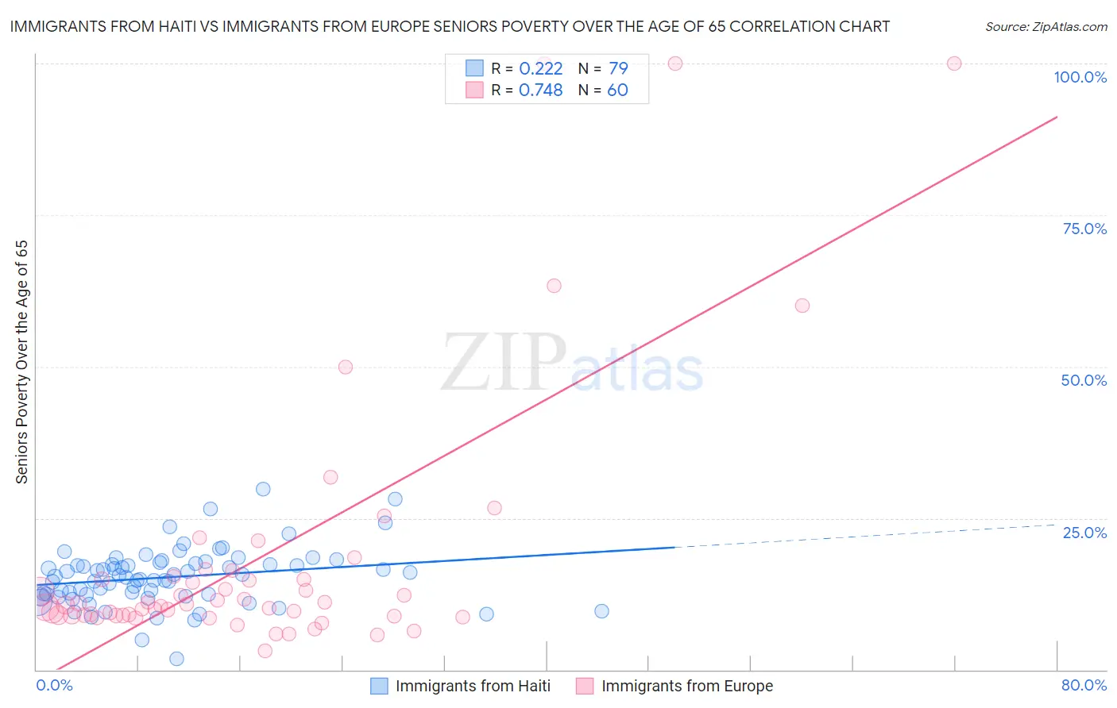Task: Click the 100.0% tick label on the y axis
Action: tap(1080, 77)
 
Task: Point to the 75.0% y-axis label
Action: tap(1084, 229)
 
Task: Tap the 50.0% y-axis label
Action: tap(1084, 380)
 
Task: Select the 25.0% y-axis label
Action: tap(1084, 533)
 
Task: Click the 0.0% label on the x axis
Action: tap(54, 685)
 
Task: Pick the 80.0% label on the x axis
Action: tap(1084, 685)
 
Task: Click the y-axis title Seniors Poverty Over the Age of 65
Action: tap(21, 362)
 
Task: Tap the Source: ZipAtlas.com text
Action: tap(1045, 26)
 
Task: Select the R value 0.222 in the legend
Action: tap(540, 68)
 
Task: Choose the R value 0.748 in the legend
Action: tap(540, 90)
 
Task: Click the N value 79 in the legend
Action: tap(617, 68)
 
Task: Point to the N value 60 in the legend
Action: tap(617, 90)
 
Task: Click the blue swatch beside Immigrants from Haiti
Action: tap(380, 686)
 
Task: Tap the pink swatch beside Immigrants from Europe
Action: tap(585, 686)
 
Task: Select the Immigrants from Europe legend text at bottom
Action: tap(686, 686)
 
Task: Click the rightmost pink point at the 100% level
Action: tap(954, 63)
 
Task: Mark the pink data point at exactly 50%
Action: tap(346, 367)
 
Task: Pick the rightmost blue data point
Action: tap(601, 611)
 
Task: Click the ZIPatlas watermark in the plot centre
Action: tap(572, 364)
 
